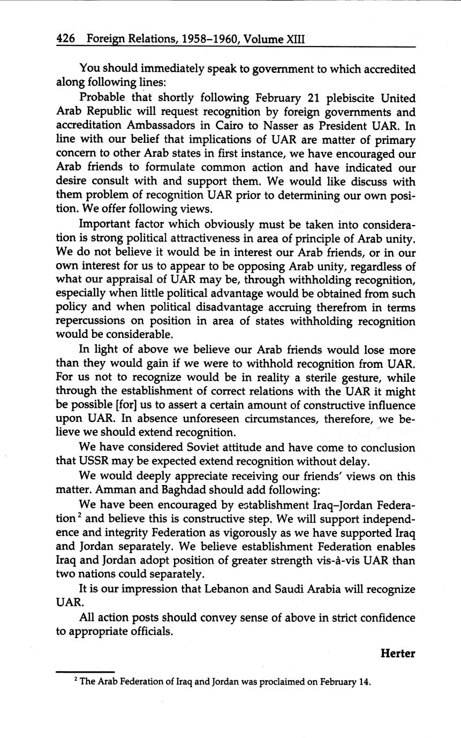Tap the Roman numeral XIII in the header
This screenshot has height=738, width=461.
[x=292, y=39]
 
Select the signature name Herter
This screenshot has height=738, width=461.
[x=398, y=653]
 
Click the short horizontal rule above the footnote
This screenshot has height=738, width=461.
[x=85, y=672]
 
